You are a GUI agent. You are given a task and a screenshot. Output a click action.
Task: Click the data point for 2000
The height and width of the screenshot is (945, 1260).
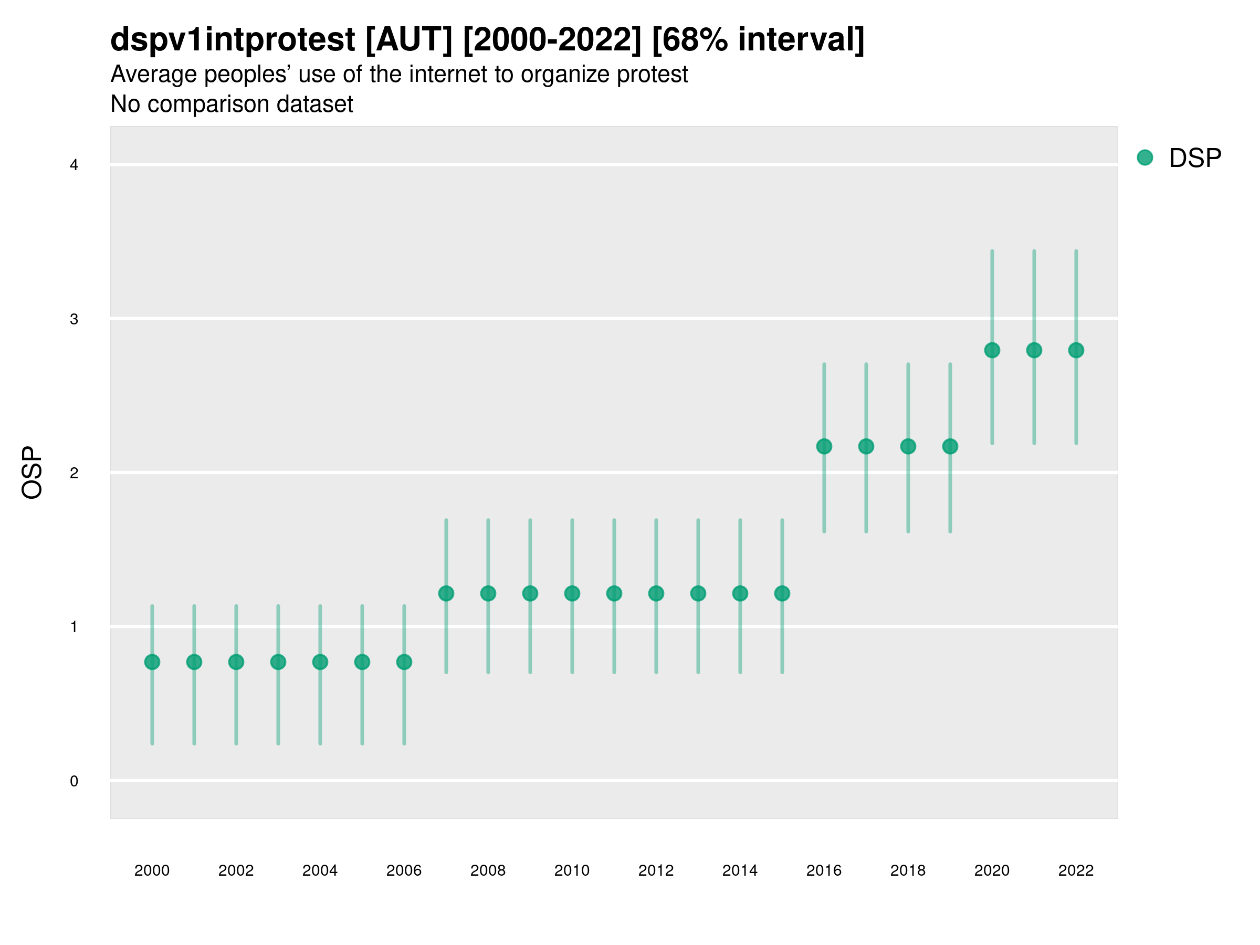pyautogui.click(x=152, y=662)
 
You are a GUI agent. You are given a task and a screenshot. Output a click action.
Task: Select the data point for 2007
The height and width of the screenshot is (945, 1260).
pyautogui.click(x=446, y=594)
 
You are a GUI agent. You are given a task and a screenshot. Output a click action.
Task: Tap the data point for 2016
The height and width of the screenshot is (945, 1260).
pyautogui.click(x=824, y=447)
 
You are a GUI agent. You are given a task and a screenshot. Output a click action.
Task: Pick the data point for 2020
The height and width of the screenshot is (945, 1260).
pyautogui.click(x=992, y=350)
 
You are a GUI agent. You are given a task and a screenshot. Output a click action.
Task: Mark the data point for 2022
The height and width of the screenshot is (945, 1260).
pyautogui.click(x=1076, y=350)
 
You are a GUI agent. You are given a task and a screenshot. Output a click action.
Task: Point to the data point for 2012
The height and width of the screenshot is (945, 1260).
pyautogui.click(x=656, y=594)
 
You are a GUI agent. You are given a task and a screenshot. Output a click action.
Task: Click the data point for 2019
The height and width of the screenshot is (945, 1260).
pyautogui.click(x=950, y=447)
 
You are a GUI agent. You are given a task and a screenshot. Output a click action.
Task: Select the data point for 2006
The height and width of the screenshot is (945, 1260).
pyautogui.click(x=404, y=662)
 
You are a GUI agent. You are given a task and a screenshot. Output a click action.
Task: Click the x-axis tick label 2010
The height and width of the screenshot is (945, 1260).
pyautogui.click(x=572, y=870)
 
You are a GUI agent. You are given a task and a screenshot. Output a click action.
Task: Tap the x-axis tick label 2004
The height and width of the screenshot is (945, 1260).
pyautogui.click(x=320, y=870)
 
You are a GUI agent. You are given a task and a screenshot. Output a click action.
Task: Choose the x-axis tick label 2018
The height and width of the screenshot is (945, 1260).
pyautogui.click(x=908, y=870)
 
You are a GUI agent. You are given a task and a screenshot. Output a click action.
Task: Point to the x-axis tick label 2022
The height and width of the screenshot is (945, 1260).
pyautogui.click(x=1076, y=870)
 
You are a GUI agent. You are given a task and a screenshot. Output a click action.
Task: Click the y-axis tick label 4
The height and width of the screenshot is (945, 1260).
pyautogui.click(x=74, y=165)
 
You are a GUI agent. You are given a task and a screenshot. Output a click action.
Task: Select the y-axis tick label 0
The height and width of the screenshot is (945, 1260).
pyautogui.click(x=74, y=781)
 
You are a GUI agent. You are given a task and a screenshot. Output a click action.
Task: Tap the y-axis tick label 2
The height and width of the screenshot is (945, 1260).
pyautogui.click(x=74, y=474)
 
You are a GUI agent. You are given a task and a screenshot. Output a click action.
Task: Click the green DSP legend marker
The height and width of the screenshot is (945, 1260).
pyautogui.click(x=1145, y=158)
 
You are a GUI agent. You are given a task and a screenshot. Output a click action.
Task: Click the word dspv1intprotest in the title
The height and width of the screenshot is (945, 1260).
pyautogui.click(x=233, y=40)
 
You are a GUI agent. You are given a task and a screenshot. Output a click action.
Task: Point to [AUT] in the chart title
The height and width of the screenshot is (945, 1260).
pyautogui.click(x=408, y=40)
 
